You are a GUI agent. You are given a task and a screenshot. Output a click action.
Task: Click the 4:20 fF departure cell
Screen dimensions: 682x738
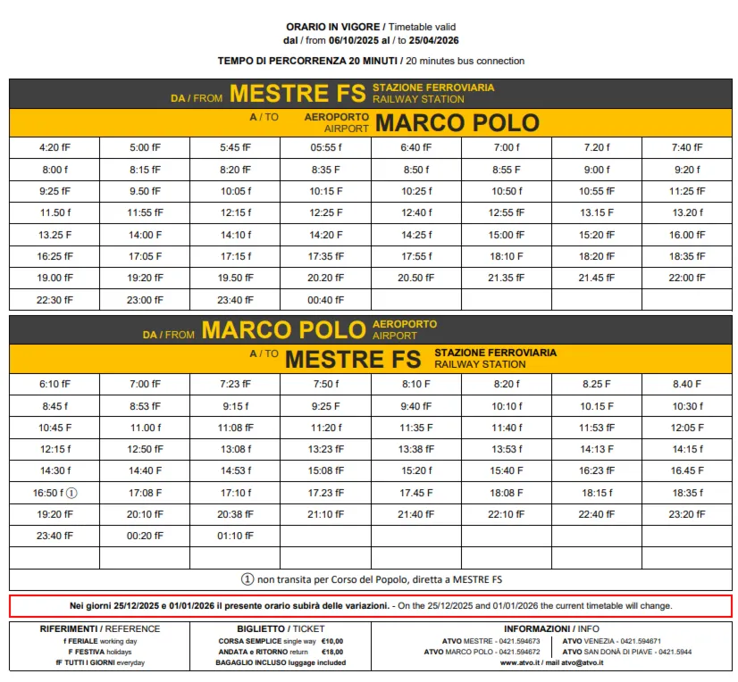click(55, 148)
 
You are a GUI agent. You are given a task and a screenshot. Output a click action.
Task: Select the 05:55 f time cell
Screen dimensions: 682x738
click(325, 148)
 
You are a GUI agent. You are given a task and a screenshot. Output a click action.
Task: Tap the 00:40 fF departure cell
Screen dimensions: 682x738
click(325, 301)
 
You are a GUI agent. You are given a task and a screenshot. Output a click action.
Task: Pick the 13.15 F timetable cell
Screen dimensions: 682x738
click(596, 213)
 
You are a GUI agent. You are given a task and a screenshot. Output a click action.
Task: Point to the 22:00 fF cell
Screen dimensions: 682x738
click(686, 279)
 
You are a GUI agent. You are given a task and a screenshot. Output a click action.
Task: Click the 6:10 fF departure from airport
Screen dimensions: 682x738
click(55, 385)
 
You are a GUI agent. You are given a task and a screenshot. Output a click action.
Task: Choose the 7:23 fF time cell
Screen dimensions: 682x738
click(235, 385)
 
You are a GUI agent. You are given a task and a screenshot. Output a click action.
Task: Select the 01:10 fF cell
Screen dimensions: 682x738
click(235, 536)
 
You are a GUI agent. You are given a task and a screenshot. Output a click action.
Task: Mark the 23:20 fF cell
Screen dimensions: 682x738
click(686, 515)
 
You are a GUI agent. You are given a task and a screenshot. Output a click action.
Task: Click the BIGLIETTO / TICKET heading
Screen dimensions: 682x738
click(280, 628)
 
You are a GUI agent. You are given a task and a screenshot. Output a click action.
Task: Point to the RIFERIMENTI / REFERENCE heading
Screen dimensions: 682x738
click(99, 628)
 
